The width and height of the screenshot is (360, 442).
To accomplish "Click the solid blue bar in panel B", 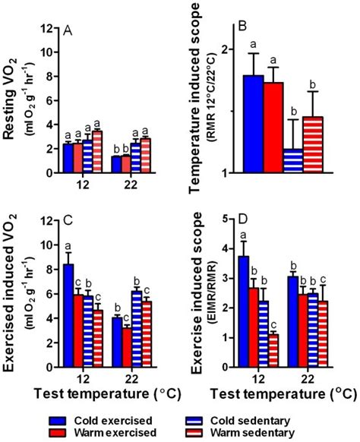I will coord(254,125).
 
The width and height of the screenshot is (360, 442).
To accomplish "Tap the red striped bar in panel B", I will coord(312,145).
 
